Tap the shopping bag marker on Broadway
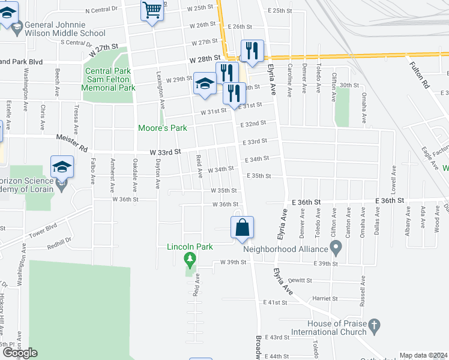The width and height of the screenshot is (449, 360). [x=242, y=228]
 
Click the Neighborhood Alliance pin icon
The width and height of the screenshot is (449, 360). [x=336, y=247]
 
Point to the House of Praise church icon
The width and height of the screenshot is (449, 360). [x=375, y=327]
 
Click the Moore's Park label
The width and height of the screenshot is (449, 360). [x=163, y=128]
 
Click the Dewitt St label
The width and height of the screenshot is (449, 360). [x=300, y=281]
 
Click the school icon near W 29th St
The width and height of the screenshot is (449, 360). [x=204, y=84]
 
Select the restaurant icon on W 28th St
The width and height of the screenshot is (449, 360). [x=251, y=52]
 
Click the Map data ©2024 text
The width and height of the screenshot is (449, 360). [x=424, y=355]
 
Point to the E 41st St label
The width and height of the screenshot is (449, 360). [x=276, y=302]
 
